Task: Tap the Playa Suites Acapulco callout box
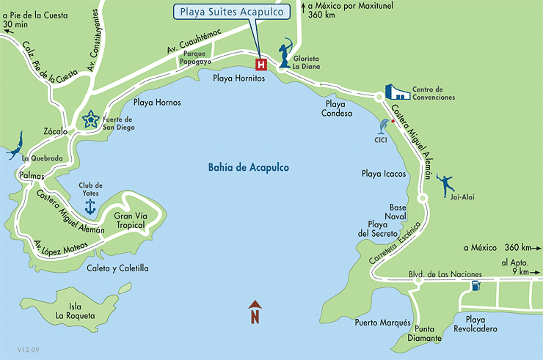click(x=231, y=12)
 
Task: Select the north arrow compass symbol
click(x=255, y=312)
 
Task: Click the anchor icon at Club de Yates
click(x=90, y=207)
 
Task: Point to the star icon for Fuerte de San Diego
click(x=91, y=120)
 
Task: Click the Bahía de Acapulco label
click(x=248, y=168)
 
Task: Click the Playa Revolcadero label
click(x=481, y=324)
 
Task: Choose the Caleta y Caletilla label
click(x=118, y=268)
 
